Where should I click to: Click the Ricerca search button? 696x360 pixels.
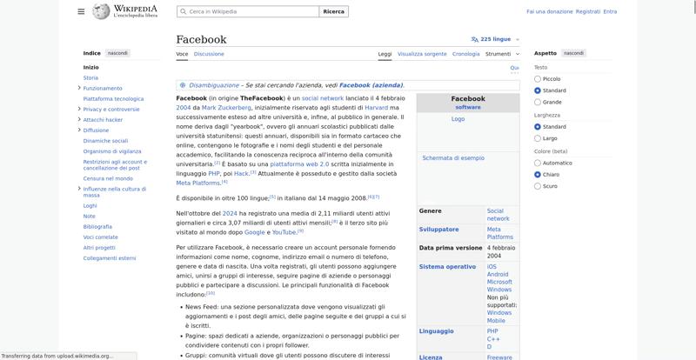333,11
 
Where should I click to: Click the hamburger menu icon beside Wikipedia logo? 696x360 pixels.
81,11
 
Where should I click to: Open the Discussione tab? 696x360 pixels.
209,54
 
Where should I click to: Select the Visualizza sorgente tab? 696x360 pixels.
422,54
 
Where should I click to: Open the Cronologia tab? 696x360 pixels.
465,54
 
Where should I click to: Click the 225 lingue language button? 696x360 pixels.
491,39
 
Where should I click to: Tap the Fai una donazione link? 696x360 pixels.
549,11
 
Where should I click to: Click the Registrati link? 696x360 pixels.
587,11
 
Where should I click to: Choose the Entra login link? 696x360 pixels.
610,11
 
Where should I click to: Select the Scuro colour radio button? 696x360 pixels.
538,186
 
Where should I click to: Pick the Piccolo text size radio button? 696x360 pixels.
538,78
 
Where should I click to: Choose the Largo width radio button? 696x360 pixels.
538,138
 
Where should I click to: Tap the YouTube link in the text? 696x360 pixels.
284,232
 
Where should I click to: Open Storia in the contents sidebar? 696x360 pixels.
90,77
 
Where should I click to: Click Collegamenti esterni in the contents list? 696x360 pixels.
110,258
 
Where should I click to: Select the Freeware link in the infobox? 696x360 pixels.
499,357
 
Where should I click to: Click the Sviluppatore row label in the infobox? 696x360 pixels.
438,229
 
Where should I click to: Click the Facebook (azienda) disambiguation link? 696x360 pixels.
371,85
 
